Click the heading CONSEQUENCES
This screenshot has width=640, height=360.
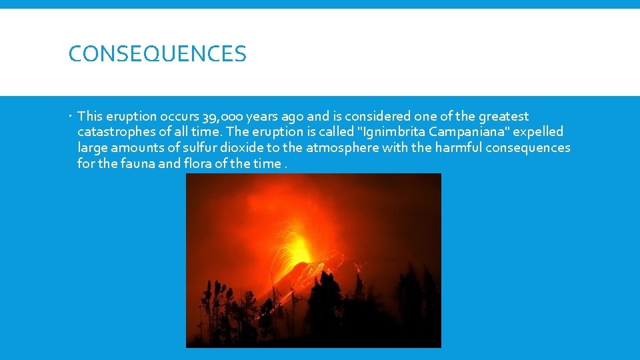157,53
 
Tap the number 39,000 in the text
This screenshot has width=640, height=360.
222,117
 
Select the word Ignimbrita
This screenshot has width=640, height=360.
389,132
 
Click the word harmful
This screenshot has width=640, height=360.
458,147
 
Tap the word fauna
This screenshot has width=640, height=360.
137,163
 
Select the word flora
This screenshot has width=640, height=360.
197,163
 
